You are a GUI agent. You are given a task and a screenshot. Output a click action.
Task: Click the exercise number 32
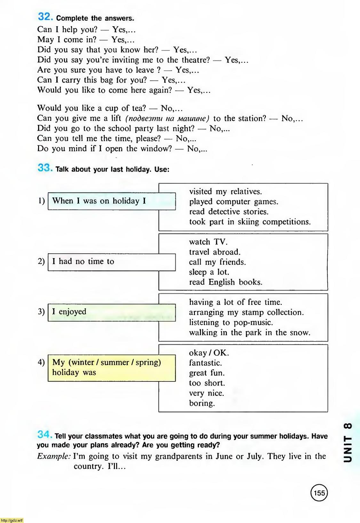(x=45, y=17)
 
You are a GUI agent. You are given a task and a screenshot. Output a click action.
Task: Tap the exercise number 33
(x=45, y=168)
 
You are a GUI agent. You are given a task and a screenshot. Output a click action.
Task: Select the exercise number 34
(x=44, y=435)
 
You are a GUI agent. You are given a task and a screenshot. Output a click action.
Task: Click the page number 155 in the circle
(x=319, y=493)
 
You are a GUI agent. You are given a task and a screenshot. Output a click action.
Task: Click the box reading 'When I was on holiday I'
(x=111, y=201)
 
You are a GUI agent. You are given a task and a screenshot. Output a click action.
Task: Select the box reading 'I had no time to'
(x=111, y=262)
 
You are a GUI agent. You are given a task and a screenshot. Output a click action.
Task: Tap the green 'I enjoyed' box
(x=111, y=312)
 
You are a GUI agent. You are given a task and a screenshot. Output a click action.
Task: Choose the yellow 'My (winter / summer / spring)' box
(x=111, y=368)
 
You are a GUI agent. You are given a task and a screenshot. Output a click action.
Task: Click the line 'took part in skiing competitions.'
(x=250, y=222)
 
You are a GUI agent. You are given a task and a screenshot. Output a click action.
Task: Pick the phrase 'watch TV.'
(x=208, y=242)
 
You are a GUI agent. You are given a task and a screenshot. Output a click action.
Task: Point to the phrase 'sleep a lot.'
(x=209, y=272)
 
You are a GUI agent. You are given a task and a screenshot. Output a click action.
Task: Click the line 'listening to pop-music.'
(x=231, y=323)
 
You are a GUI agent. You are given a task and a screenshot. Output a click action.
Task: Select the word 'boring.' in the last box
(x=202, y=403)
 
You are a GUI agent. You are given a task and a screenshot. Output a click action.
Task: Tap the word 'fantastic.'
(x=205, y=363)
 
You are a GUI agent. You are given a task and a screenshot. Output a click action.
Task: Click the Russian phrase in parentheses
(x=167, y=119)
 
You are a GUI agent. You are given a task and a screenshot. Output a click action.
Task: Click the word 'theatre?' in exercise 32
(x=196, y=60)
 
